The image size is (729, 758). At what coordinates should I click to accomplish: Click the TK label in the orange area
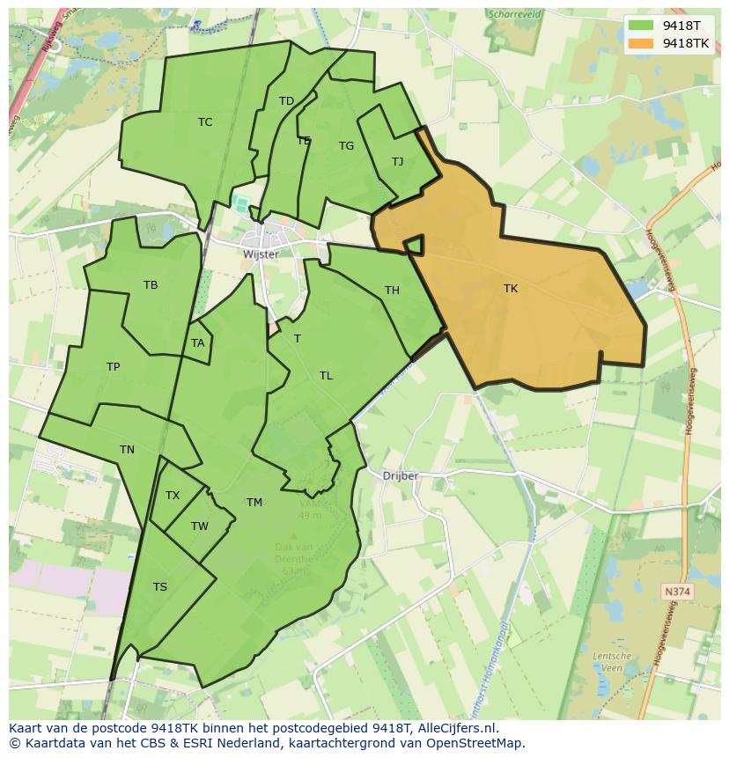pos(511,289)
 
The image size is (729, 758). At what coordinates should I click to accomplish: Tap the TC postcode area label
pos(205,122)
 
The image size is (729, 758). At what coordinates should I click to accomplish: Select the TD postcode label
pos(286,101)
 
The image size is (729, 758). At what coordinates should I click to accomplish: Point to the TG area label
pos(346,146)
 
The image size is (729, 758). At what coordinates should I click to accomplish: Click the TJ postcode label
pos(397,162)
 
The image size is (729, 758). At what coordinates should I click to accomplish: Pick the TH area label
pos(392,291)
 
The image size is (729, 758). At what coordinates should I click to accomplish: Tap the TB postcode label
pos(151,285)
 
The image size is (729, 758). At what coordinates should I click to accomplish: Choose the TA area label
pos(197,343)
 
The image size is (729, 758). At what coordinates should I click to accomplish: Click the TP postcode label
pos(113,367)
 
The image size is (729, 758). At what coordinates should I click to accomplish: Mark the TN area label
pos(127,450)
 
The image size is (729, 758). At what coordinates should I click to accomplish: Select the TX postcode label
pos(173,496)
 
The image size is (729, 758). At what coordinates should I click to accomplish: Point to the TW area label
pos(200,526)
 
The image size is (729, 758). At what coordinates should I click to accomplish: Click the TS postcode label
pos(160,587)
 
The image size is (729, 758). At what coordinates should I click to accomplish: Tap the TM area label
pos(254,503)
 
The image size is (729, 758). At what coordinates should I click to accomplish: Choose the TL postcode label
pos(326,376)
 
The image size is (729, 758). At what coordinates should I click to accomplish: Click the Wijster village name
pos(261,254)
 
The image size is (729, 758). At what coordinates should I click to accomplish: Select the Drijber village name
pos(401,476)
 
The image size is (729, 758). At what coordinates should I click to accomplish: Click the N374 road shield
pos(677,592)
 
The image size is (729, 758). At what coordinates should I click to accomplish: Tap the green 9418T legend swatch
pos(640,26)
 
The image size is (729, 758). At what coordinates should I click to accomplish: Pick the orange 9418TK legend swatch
pos(640,43)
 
